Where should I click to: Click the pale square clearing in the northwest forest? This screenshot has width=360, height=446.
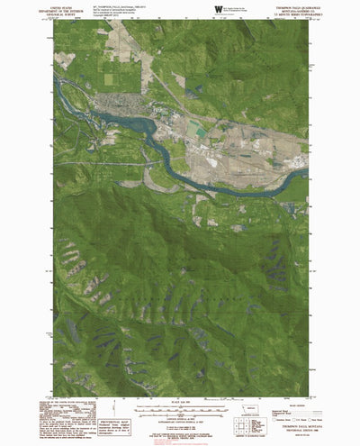point(65,60)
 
